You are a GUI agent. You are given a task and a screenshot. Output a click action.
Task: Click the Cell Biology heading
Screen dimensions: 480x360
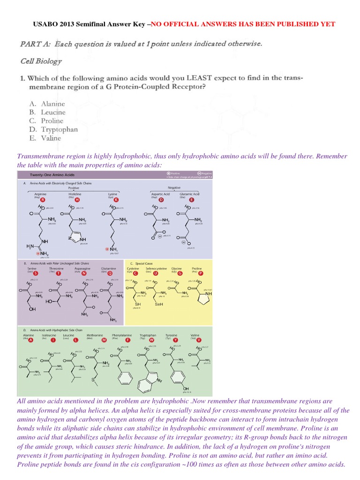pyautogui.click(x=41, y=61)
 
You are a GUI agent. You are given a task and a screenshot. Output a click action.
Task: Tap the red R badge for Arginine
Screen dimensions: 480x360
pyautogui.click(x=43, y=200)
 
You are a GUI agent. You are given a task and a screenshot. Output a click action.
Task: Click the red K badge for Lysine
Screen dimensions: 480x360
pyautogui.click(x=116, y=200)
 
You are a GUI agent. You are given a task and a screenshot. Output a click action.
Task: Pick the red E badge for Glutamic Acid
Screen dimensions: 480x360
pyautogui.click(x=192, y=200)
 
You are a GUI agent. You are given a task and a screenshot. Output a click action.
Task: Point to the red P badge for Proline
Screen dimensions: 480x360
pyautogui.click(x=201, y=273)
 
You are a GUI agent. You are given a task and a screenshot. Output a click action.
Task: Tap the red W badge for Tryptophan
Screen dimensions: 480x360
pyautogui.click(x=151, y=340)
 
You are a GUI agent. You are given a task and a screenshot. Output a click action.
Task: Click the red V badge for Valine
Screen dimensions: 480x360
pyautogui.click(x=200, y=340)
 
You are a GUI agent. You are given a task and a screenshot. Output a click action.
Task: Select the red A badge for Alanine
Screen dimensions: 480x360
pyautogui.click(x=31, y=340)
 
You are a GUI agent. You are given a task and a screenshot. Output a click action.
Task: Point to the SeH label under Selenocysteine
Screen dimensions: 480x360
pyautogui.click(x=158, y=304)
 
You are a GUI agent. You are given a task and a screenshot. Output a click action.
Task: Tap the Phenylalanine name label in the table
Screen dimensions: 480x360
pyautogui.click(x=122, y=336)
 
